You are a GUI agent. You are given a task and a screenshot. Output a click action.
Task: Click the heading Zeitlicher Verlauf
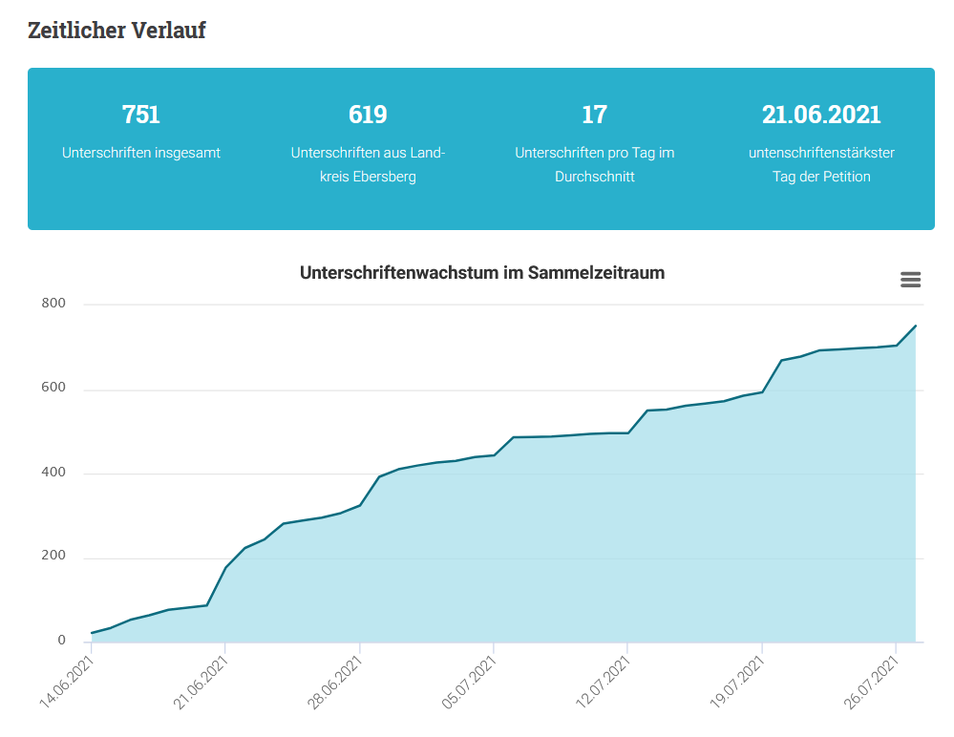click(x=117, y=31)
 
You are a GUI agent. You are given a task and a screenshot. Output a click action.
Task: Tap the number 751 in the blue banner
click(x=141, y=115)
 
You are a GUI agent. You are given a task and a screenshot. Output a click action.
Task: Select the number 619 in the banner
click(x=368, y=115)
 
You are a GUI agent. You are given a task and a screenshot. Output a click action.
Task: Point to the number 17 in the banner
click(x=594, y=115)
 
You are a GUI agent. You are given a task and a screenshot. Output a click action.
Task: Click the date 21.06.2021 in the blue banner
click(x=821, y=115)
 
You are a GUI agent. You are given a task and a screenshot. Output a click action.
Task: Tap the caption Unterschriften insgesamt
click(x=141, y=153)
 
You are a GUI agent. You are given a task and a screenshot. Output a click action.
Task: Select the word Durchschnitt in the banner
click(x=594, y=177)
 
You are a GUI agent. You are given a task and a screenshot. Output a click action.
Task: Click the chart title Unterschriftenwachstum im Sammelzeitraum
click(x=482, y=272)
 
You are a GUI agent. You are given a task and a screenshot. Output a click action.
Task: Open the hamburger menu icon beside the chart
click(x=910, y=280)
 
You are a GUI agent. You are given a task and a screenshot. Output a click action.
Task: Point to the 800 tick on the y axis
click(x=53, y=303)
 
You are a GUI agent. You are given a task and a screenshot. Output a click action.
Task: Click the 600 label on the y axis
click(x=53, y=388)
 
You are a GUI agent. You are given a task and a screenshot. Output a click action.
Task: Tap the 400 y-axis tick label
click(x=53, y=472)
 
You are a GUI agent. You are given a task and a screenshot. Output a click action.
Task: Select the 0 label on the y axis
click(x=61, y=640)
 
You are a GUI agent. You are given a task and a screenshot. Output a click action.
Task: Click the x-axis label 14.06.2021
click(x=66, y=683)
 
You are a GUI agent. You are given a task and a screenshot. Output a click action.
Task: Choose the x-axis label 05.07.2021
click(x=469, y=683)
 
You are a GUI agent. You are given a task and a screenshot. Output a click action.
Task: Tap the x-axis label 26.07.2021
click(x=871, y=683)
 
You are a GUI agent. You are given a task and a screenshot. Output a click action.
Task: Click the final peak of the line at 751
click(x=916, y=326)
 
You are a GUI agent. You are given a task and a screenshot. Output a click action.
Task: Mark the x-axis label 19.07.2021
click(x=737, y=683)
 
